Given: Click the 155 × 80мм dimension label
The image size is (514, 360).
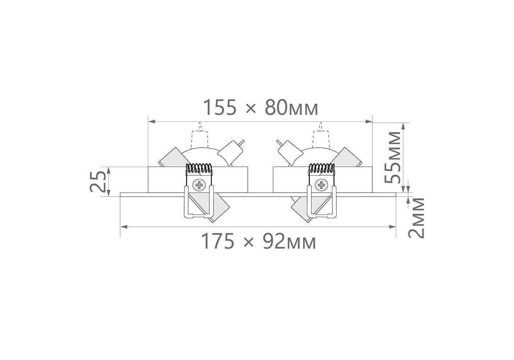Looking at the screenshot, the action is click(x=261, y=107).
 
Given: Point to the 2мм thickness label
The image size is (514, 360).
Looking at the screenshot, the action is click(x=416, y=218).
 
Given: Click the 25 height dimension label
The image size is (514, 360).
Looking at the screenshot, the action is click(x=98, y=181).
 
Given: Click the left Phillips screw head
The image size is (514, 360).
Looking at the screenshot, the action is click(x=199, y=185).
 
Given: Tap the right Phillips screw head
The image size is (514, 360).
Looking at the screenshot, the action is click(x=322, y=185).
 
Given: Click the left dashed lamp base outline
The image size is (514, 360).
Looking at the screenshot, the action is click(x=199, y=136).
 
